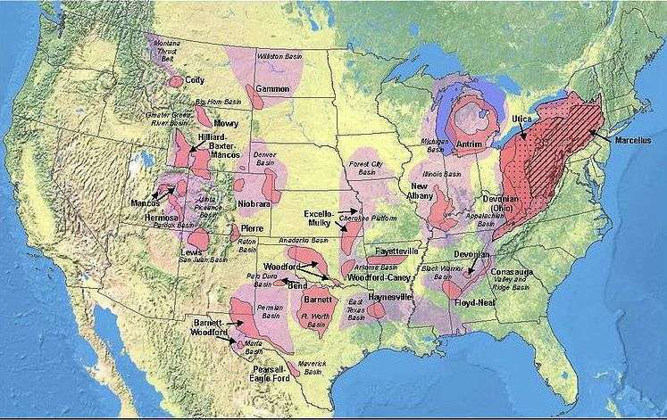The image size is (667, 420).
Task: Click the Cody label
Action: tap(195, 80)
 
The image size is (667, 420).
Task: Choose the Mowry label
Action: tap(226, 124)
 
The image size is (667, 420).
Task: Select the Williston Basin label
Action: tap(279, 55)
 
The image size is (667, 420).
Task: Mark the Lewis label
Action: tap(190, 253)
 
